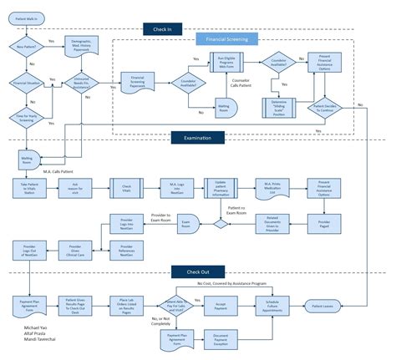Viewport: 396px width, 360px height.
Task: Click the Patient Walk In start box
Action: [28, 16]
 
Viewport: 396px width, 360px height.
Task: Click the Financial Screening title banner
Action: [225, 39]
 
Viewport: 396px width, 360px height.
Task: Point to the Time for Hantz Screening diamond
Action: [28, 118]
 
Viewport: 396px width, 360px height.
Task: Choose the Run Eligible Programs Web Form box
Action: [230, 65]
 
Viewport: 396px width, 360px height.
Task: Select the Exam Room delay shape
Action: [186, 226]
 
